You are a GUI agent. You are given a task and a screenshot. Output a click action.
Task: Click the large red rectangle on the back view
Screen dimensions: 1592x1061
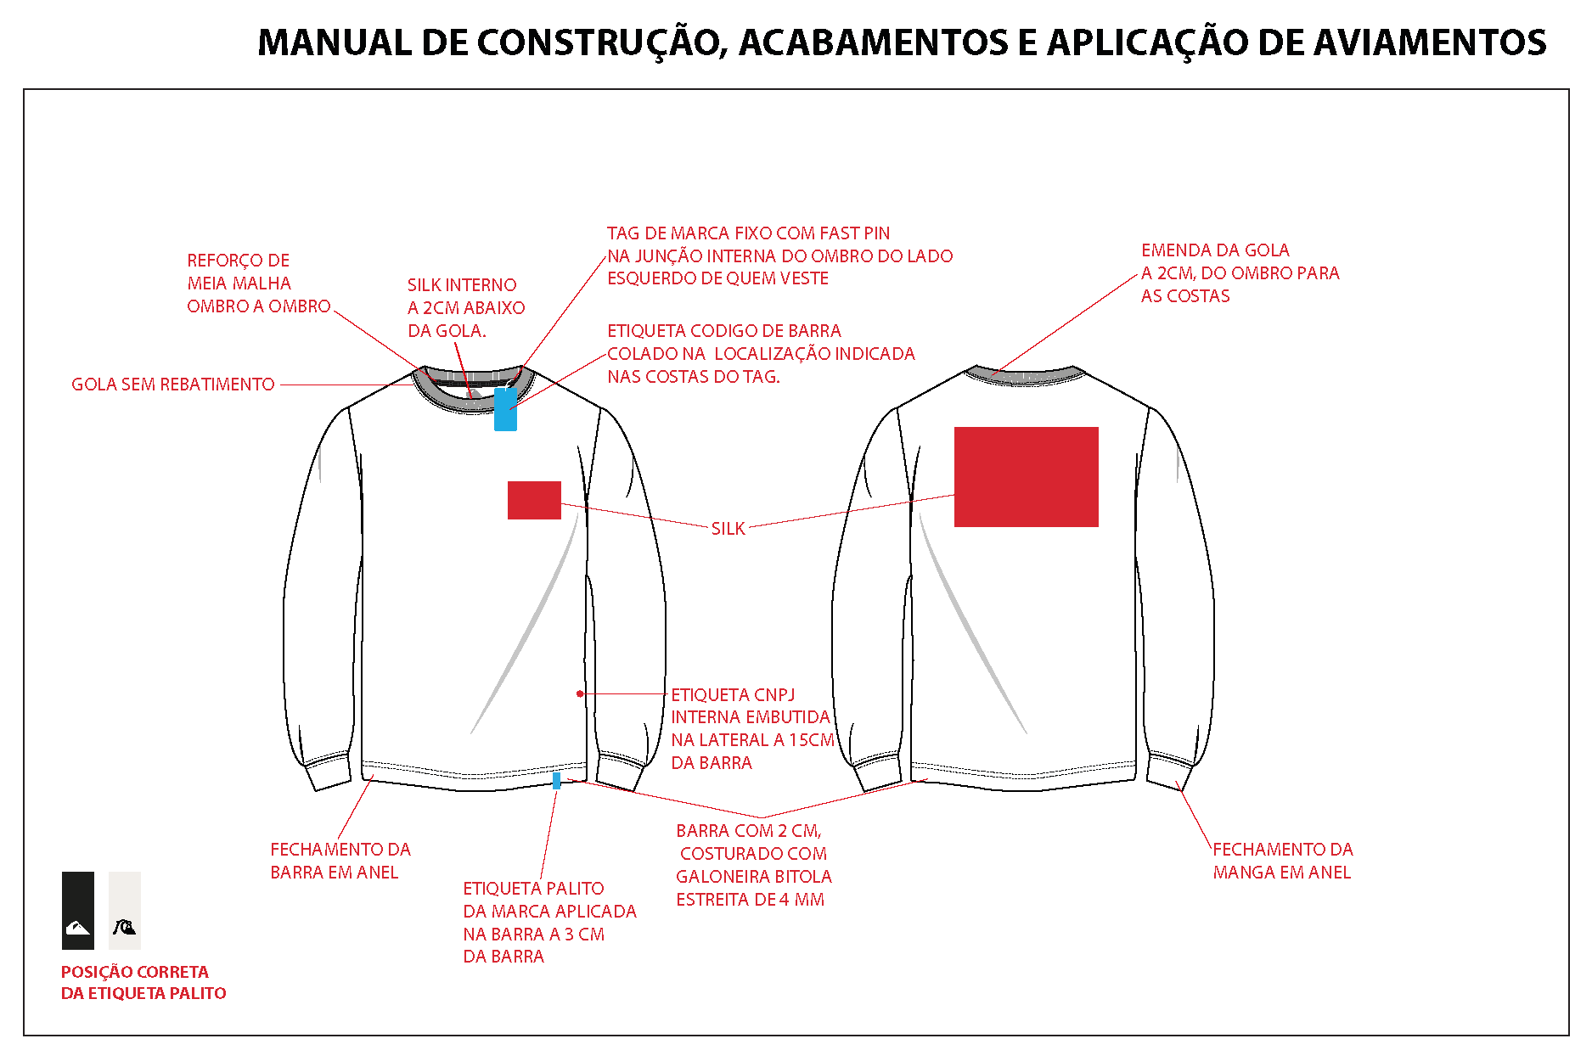(x=1026, y=477)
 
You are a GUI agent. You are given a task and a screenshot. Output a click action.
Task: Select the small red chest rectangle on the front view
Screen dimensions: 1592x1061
(x=534, y=500)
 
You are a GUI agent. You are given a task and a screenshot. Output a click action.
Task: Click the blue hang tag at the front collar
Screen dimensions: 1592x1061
(x=505, y=409)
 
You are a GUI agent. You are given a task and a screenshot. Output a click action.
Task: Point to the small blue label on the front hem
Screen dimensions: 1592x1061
(x=556, y=780)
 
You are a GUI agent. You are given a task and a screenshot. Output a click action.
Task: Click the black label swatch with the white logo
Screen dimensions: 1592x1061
(x=77, y=910)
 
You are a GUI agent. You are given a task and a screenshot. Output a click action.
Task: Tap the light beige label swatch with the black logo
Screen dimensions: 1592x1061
(x=125, y=910)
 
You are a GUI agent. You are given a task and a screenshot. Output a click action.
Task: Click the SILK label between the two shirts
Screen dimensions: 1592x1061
(x=728, y=529)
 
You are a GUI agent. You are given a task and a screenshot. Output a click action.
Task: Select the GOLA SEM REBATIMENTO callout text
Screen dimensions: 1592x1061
(x=172, y=385)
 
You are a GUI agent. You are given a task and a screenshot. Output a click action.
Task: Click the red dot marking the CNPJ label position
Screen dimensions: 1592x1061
(x=580, y=693)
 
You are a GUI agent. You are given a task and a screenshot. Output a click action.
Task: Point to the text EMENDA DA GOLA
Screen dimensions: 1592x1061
(x=1215, y=250)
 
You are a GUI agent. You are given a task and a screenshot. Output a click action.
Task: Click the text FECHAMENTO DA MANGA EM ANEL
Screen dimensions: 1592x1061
(x=1282, y=861)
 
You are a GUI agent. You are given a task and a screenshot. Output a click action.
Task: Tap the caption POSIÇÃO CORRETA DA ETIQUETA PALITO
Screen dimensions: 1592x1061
(x=143, y=982)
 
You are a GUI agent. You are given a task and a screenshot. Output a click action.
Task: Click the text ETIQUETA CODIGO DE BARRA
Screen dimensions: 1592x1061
(x=724, y=331)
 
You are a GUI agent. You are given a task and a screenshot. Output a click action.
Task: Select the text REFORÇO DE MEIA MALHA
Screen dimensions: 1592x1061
(x=239, y=272)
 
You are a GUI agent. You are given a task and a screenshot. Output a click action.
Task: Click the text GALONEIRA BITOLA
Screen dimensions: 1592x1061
(x=754, y=877)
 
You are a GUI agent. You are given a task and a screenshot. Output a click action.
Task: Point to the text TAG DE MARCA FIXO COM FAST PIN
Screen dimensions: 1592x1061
(x=748, y=233)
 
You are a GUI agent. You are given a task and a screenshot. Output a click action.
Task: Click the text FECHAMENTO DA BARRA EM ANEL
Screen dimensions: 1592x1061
(x=340, y=861)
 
